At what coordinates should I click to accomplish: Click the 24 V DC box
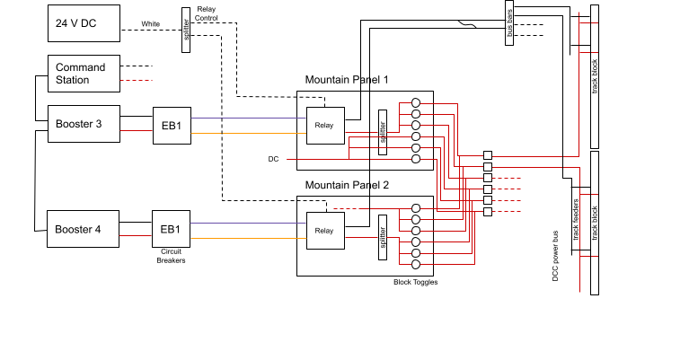point(83,22)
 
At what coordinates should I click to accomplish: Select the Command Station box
point(83,74)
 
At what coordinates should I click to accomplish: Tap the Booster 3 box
point(83,124)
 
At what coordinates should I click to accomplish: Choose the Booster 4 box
point(83,229)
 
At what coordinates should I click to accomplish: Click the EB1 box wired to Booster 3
point(171,126)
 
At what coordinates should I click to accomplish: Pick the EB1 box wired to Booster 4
point(171,229)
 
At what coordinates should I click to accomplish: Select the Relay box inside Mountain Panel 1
point(323,126)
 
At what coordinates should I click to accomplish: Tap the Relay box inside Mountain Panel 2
point(323,231)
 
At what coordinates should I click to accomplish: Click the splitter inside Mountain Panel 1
point(383,132)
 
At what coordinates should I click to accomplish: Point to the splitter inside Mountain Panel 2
point(383,237)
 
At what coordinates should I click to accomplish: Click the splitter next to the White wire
point(186,30)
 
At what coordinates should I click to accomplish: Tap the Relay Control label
point(207,13)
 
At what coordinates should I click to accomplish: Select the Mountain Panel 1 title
point(347,80)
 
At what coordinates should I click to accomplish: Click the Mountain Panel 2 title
point(347,185)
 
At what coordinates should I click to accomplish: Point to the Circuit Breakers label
point(171,257)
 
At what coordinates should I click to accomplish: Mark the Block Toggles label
point(414,282)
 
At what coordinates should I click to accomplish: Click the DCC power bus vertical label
point(556,257)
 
